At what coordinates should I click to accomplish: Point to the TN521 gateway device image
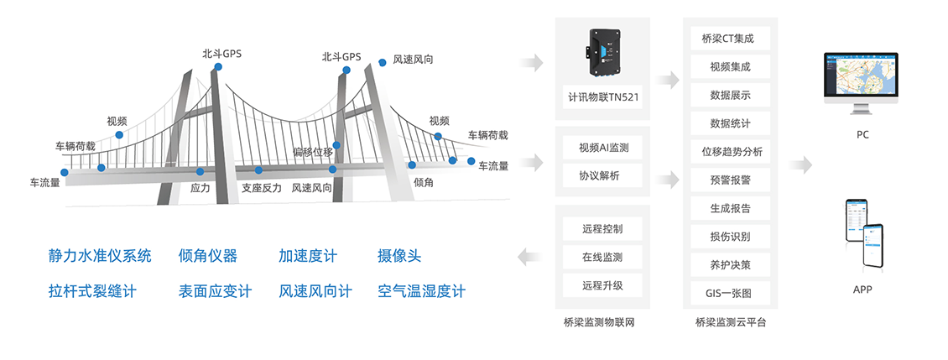(602, 51)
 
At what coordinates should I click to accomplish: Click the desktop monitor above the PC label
(862, 81)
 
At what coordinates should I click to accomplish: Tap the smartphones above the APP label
(863, 233)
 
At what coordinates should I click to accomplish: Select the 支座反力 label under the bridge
(262, 188)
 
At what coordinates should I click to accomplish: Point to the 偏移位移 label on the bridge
(313, 152)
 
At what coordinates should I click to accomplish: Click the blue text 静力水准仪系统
(100, 256)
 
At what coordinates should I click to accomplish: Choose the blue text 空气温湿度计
(421, 292)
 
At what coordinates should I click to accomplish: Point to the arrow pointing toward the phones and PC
(800, 165)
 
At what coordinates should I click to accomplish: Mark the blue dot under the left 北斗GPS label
(218, 66)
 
